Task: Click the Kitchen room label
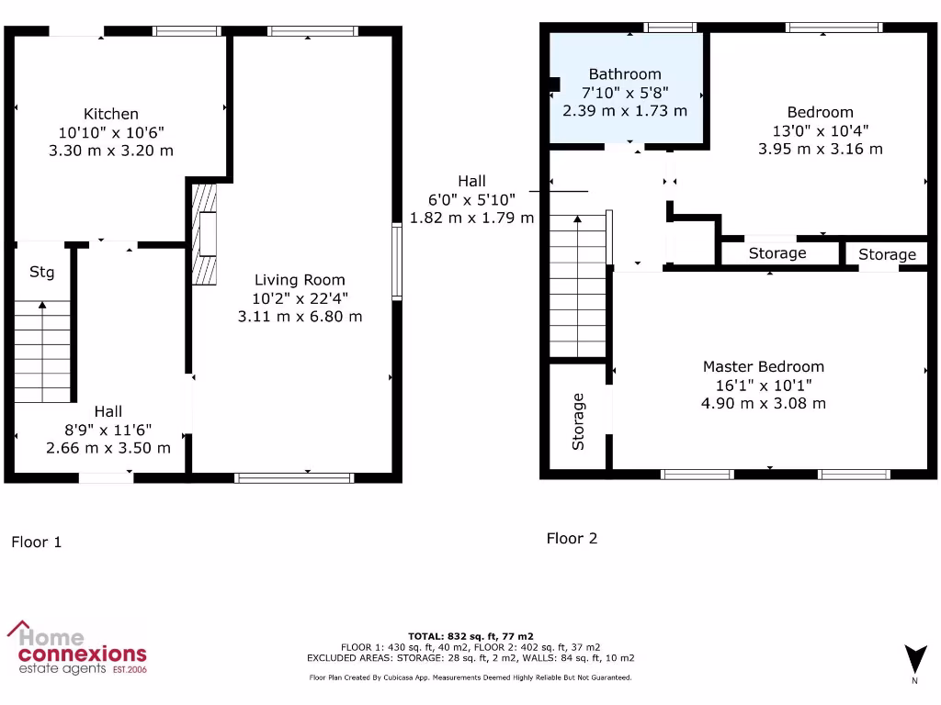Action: (111, 114)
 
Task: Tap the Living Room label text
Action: (300, 280)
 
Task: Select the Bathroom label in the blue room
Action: (625, 74)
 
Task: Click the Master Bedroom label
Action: (764, 366)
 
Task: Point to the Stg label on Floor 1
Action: (42, 273)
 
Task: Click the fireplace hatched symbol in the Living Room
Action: (205, 234)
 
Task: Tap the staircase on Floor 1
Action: (43, 353)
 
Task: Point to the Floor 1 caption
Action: (37, 542)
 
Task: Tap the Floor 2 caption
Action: (572, 538)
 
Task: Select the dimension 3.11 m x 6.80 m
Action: (300, 317)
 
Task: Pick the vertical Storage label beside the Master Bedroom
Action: (578, 421)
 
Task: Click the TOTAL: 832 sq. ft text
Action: (470, 635)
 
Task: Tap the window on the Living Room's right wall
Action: (396, 262)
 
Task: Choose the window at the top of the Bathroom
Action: (671, 28)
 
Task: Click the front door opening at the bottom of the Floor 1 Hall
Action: (106, 477)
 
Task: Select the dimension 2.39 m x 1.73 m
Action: (625, 111)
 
